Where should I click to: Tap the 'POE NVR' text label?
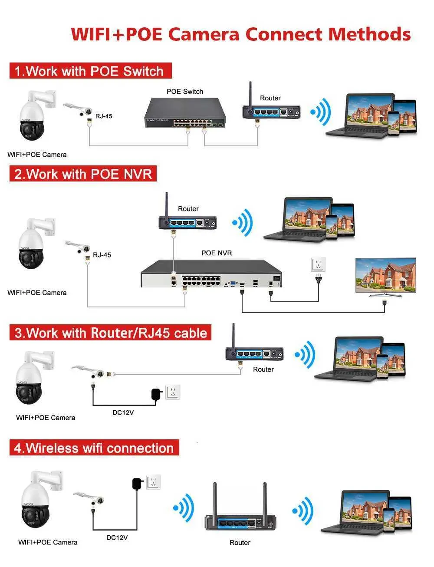tap(217, 253)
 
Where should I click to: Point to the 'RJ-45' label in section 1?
tap(104, 116)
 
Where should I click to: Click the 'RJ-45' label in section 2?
tap(102, 255)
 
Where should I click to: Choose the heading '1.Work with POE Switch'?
tap(90, 71)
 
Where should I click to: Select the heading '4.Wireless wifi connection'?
tap(94, 448)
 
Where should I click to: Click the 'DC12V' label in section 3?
tap(123, 412)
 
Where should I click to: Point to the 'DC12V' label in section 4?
tap(117, 537)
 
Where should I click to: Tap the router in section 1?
tap(271, 111)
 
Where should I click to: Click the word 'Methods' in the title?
tap(369, 34)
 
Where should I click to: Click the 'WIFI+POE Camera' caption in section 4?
tap(48, 542)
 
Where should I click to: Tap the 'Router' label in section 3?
tap(263, 369)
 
